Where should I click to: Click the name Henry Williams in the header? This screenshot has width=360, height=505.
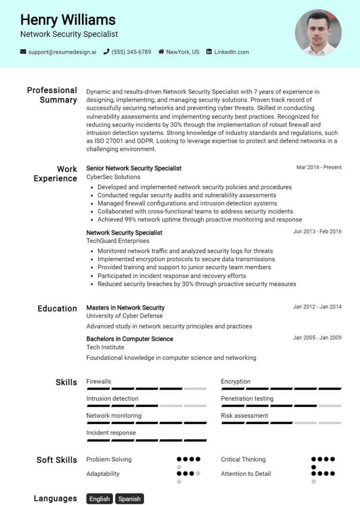68,20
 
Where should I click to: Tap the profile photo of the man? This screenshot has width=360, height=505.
318,32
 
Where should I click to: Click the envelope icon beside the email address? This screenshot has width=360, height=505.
23,52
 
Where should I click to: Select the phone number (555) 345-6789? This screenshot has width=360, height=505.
131,52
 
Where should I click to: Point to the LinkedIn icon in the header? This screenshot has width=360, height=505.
209,52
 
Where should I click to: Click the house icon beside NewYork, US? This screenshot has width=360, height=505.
161,52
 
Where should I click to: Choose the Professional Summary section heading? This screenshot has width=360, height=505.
52,95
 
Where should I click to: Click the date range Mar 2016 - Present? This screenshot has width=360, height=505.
319,167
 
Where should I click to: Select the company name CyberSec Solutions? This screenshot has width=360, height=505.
113,177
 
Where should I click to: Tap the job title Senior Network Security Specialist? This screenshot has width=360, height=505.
134,168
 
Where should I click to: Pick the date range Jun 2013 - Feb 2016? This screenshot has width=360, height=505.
317,231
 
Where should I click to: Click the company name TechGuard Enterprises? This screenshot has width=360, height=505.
118,241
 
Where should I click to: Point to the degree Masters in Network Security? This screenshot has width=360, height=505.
125,308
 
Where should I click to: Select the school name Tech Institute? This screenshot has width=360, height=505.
105,347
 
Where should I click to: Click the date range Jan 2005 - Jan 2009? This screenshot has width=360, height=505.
317,338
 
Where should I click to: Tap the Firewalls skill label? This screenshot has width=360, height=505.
98,381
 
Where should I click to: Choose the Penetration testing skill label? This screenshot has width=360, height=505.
247,399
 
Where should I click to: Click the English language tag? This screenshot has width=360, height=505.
99,499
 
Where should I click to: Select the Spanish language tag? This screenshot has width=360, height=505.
129,499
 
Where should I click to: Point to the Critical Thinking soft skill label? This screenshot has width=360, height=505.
243,460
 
